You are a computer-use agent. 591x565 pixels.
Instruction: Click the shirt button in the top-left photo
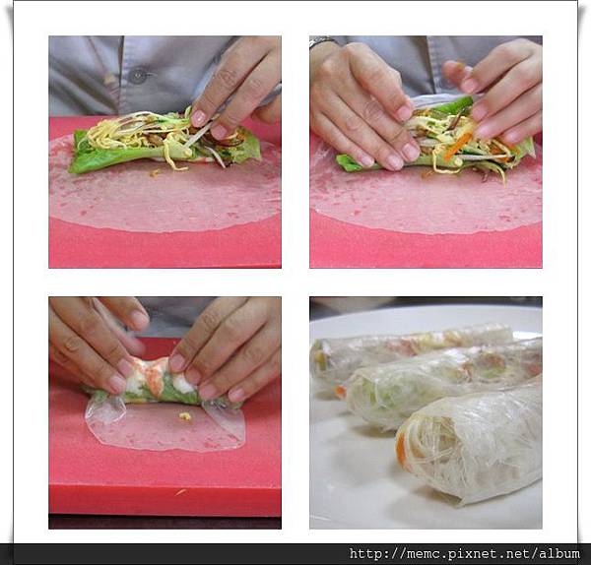137,76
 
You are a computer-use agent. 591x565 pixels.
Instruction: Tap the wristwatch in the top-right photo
323,41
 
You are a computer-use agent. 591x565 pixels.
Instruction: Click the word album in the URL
558,554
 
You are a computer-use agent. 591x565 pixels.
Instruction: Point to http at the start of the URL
364,554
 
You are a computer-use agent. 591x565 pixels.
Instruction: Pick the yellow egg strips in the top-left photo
124,138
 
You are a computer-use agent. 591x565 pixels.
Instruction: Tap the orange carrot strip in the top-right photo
457,146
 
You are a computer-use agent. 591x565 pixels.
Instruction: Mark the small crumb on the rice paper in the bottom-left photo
185,416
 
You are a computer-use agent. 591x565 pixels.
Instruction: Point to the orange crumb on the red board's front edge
181,492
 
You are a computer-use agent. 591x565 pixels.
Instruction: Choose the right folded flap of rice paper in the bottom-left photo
225,419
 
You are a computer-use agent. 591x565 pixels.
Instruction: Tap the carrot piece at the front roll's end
402,450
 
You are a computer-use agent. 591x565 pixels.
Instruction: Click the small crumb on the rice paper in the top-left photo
154,173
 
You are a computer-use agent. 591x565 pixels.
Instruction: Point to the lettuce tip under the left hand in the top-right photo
347,162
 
